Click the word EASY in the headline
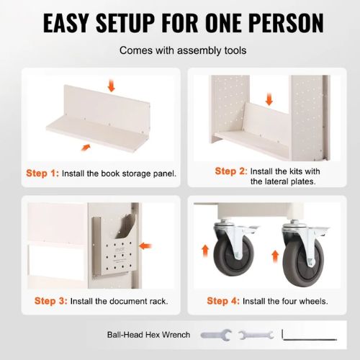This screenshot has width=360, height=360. [66, 23]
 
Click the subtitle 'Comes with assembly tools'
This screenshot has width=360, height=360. [183, 50]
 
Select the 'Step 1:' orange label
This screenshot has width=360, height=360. [42, 173]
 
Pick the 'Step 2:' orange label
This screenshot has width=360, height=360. [231, 171]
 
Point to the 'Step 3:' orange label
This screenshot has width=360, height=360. [51, 301]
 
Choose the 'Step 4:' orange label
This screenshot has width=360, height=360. [223, 301]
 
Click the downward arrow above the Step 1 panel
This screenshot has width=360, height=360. [111, 86]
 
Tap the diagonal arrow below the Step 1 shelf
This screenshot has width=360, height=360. [86, 148]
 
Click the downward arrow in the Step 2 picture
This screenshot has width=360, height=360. [269, 99]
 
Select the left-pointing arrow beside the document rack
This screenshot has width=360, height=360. [145, 246]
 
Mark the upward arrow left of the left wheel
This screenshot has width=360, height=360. [205, 251]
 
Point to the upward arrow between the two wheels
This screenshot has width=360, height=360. [275, 256]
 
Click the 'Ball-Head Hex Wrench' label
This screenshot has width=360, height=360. [148, 335]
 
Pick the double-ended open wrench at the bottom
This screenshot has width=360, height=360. [256, 335]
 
